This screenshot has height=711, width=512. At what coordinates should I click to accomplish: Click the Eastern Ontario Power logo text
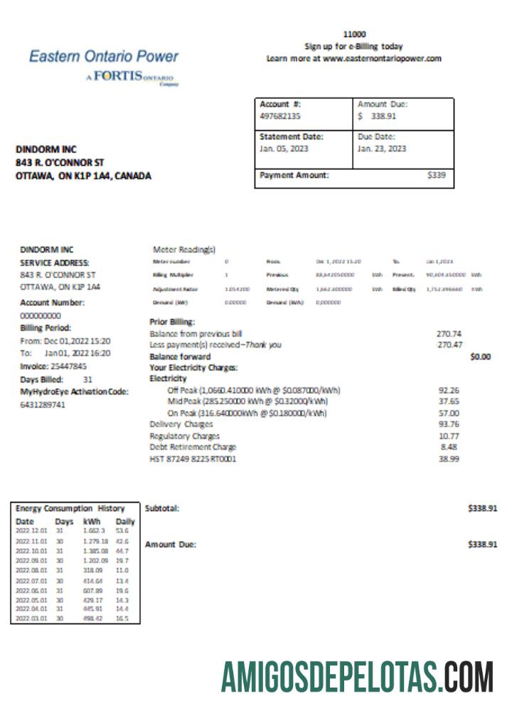pos(104,56)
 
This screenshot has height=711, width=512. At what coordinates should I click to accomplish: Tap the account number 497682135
pos(279,115)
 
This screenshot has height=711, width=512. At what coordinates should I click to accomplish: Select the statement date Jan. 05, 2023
pos(284,149)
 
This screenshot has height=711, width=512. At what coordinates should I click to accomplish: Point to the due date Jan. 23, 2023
pos(382,149)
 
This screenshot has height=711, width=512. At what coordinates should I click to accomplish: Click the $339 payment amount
pos(436,176)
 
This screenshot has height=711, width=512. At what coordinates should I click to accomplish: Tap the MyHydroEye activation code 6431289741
pos(43,405)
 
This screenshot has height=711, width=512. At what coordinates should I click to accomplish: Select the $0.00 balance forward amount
pos(481,356)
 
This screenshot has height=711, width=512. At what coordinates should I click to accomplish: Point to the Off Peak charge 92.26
pos(449,390)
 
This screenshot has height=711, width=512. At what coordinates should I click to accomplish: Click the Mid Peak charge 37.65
pos(449,401)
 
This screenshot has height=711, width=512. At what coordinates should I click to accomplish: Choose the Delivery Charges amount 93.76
pos(449,424)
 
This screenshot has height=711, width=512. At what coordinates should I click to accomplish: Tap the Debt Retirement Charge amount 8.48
pos(450,447)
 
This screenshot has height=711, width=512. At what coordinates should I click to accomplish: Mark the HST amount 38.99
pos(449,459)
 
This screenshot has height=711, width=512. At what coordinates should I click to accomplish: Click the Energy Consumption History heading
pos(70,508)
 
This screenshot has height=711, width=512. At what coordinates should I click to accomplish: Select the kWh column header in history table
pos(91,521)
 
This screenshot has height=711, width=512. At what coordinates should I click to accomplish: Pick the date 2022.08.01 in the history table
pos(31,570)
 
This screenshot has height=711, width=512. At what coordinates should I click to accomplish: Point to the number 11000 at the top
pos(353,34)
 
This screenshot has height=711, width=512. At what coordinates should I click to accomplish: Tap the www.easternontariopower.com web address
pos(382,58)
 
